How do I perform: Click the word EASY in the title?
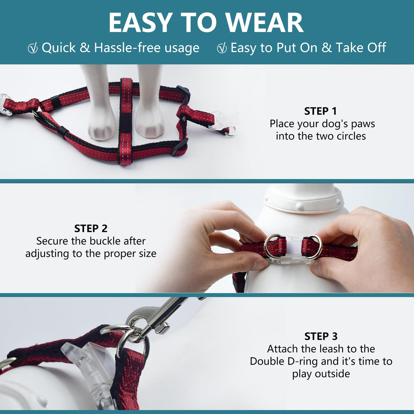click(x=140, y=22)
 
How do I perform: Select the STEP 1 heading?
click(x=320, y=111)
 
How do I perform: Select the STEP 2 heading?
click(x=91, y=228)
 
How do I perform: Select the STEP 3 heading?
click(x=321, y=336)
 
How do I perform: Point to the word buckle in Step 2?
click(x=105, y=241)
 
